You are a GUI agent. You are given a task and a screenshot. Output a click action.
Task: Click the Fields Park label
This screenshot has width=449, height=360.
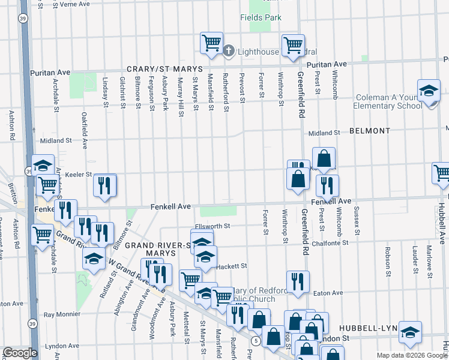point(261,18)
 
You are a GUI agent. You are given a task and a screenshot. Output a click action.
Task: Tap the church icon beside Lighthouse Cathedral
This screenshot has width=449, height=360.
point(229,51)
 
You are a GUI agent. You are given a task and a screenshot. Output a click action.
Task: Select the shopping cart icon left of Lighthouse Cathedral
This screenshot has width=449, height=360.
point(211,42)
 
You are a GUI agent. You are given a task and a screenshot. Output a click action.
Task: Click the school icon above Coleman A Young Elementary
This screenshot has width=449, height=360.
point(429,90)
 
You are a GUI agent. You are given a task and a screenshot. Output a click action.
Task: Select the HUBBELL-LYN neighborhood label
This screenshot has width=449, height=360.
point(364,329)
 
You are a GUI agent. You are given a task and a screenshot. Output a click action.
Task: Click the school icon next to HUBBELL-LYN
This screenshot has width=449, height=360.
point(410,332)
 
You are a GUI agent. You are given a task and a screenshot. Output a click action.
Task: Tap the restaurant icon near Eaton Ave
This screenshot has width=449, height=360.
point(297,281)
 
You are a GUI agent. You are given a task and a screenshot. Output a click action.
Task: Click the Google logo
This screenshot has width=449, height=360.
point(19,353)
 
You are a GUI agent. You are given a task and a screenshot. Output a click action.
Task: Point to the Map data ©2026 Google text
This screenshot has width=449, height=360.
point(412,355)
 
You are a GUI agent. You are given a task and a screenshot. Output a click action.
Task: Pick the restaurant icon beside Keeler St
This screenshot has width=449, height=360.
point(105,185)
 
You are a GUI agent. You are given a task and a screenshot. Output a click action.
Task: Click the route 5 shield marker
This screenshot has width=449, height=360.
point(256,341)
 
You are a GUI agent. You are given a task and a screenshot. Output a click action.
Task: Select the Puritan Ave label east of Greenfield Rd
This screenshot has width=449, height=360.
point(327,64)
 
